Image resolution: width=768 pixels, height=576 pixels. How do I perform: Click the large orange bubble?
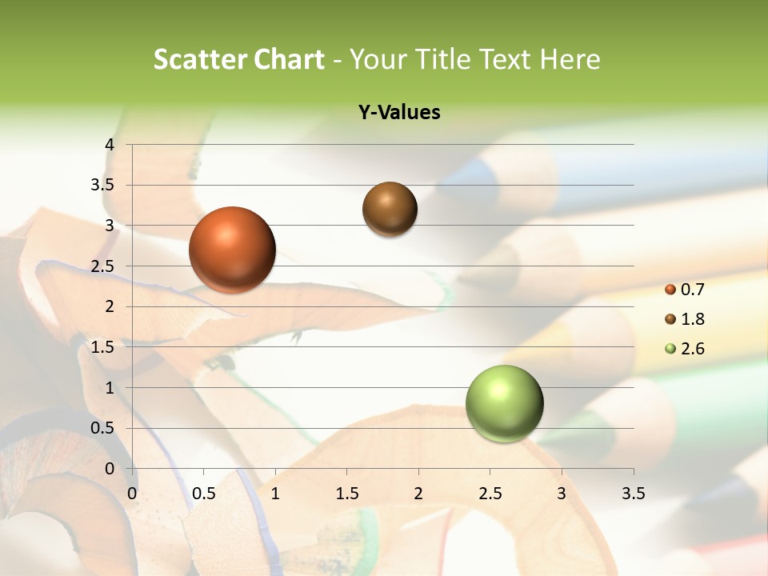point(232,250)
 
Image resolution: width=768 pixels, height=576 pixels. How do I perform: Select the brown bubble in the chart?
point(390,209)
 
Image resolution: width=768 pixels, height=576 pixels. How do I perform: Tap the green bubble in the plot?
point(504,403)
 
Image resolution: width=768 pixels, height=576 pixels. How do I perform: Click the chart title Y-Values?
point(398,113)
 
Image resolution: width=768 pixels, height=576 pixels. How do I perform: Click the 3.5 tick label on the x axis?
point(633,493)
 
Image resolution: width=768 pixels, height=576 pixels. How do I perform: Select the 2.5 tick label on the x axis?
point(490,493)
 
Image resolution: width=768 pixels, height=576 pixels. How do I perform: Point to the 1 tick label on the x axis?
point(275,493)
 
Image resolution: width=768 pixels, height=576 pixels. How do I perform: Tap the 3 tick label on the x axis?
point(562,493)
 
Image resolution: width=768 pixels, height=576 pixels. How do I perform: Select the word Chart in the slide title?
point(288,59)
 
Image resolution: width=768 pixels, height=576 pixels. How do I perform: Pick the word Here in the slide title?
point(570,59)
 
